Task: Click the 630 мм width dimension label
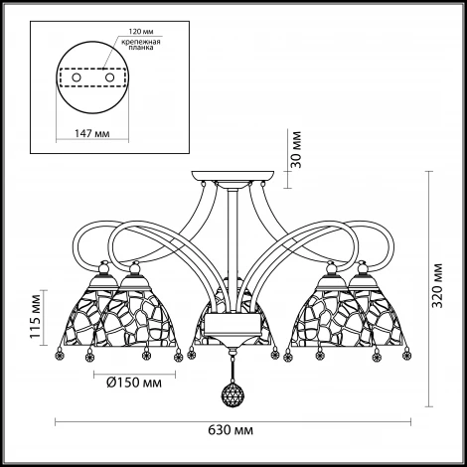[231, 430]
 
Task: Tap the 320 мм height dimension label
[438, 285]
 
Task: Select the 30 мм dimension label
[297, 149]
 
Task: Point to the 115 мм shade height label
[36, 316]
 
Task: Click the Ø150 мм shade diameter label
[134, 383]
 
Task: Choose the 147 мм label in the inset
[91, 133]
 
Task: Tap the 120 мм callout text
[141, 32]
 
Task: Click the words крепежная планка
[141, 45]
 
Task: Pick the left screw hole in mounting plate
[77, 78]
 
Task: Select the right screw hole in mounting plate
[109, 78]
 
